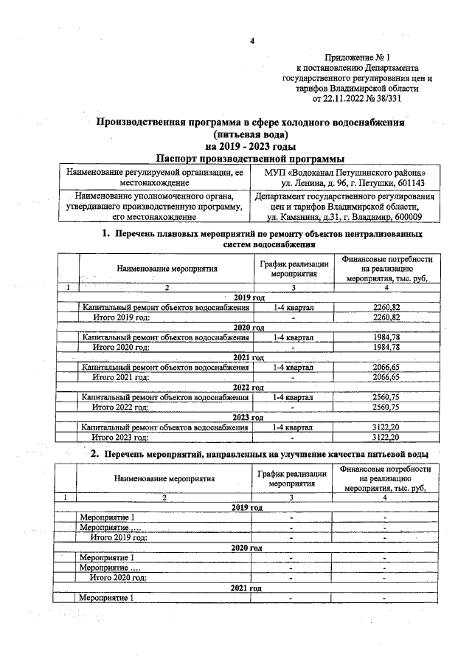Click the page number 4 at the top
[251, 41]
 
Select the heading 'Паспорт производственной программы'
[251, 158]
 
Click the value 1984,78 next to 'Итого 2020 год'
[386, 347]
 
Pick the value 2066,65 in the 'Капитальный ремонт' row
[386, 367]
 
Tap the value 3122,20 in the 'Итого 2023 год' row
[386, 437]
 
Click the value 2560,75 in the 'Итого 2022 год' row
[386, 407]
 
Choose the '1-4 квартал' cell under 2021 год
[293, 367]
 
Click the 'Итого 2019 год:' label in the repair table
[120, 317]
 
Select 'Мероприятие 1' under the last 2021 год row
[106, 597]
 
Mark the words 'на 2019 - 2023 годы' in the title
[251, 146]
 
